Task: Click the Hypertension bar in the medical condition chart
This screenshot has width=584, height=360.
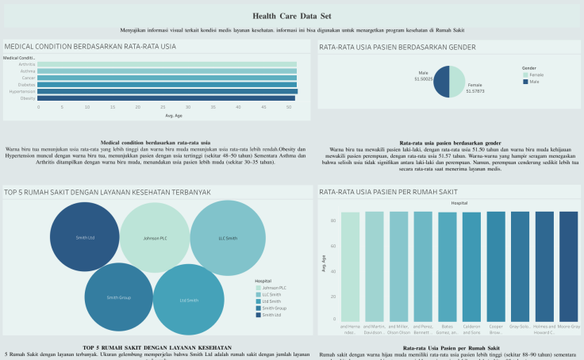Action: pos(167,91)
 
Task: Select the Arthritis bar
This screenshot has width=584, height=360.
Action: pos(167,64)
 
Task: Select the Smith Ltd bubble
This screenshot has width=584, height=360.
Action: pos(83,237)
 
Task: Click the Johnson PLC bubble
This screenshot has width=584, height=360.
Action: pos(155,237)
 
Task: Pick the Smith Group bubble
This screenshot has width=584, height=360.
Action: pos(118,297)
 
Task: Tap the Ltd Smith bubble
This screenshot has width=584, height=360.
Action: pos(188,300)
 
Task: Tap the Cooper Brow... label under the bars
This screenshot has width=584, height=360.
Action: pos(496,328)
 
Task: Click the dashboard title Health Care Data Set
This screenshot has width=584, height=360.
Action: pos(291,16)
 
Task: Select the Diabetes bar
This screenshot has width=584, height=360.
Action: pos(167,84)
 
